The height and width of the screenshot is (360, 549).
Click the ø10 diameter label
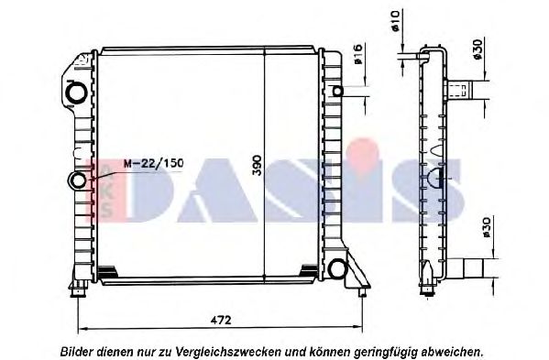click(x=395, y=19)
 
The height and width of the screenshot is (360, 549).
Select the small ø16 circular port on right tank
click(x=337, y=92)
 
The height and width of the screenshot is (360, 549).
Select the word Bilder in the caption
click(x=78, y=351)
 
